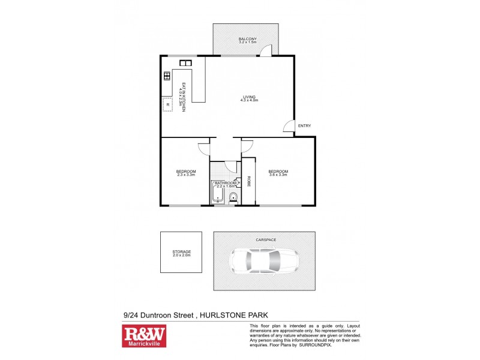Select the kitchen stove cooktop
(x=167, y=76)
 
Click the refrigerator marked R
(x=168, y=105)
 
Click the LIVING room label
(x=249, y=98)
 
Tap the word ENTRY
(x=304, y=125)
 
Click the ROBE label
(x=249, y=182)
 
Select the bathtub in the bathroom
(x=217, y=195)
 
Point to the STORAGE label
(x=181, y=253)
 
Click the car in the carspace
(x=265, y=262)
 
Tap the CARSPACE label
(x=265, y=239)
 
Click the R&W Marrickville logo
(x=144, y=337)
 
